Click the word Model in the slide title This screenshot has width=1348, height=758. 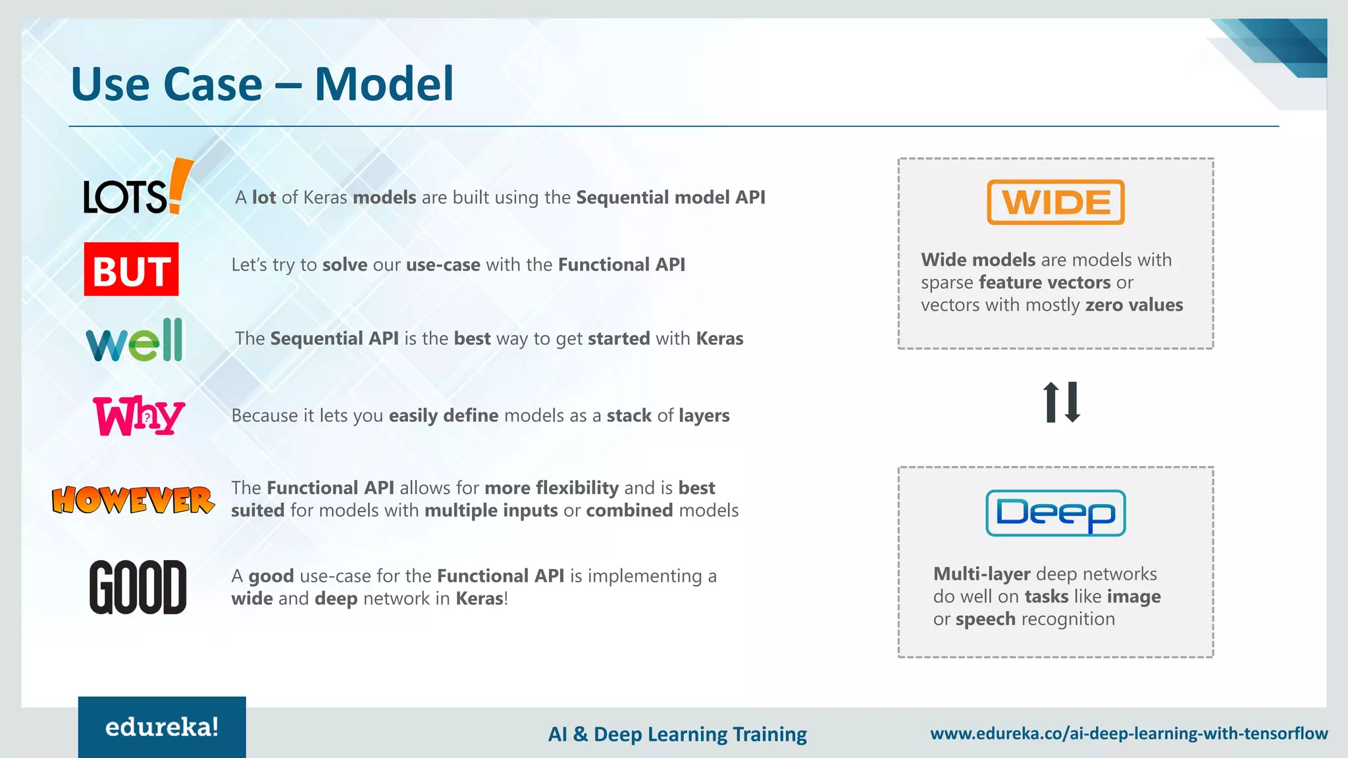click(x=384, y=84)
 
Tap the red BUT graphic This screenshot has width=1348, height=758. click(x=132, y=270)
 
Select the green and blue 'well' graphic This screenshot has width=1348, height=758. click(x=135, y=341)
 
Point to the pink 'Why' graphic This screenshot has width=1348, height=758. click(x=138, y=416)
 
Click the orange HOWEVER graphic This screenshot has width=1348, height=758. click(x=133, y=500)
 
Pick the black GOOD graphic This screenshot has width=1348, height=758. click(x=138, y=587)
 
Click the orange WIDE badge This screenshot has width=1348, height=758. click(x=1056, y=203)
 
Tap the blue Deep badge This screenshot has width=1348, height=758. click(x=1056, y=513)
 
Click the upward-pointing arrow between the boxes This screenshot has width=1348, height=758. click(x=1051, y=401)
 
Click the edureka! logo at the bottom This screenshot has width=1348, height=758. click(x=162, y=727)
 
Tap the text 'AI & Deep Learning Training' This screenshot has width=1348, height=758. click(x=677, y=734)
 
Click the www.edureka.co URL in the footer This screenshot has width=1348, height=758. click(x=1128, y=734)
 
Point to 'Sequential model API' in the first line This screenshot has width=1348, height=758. click(x=670, y=197)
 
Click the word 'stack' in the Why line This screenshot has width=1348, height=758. click(x=629, y=416)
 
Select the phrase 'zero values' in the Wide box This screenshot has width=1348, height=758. click(x=1133, y=305)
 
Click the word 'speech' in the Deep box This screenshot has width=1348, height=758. click(x=985, y=619)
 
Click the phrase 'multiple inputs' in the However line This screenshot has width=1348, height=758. click(x=491, y=511)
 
